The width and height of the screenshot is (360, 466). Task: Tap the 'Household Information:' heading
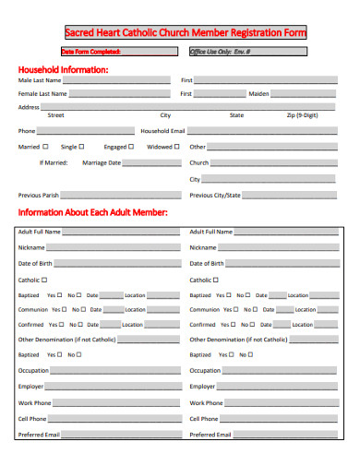pos(64,69)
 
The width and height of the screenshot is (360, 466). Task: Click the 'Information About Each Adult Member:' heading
pos(93,212)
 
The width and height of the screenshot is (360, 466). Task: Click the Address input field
pos(185,106)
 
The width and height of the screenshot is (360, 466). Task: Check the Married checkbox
pos(45,147)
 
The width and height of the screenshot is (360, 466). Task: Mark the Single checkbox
pos(82,147)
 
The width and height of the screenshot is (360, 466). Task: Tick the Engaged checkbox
pos(133,147)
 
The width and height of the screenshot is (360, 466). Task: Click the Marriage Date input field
pos(152,162)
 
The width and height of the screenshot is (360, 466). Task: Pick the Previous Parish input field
pos(121,195)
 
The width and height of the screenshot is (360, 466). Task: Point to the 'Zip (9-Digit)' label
pos(303,115)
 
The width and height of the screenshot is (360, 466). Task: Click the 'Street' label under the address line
pos(55,115)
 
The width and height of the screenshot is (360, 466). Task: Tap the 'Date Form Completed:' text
pos(90,52)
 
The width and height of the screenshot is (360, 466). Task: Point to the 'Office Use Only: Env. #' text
pos(220,52)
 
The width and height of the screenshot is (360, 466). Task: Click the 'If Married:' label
pos(54,163)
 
